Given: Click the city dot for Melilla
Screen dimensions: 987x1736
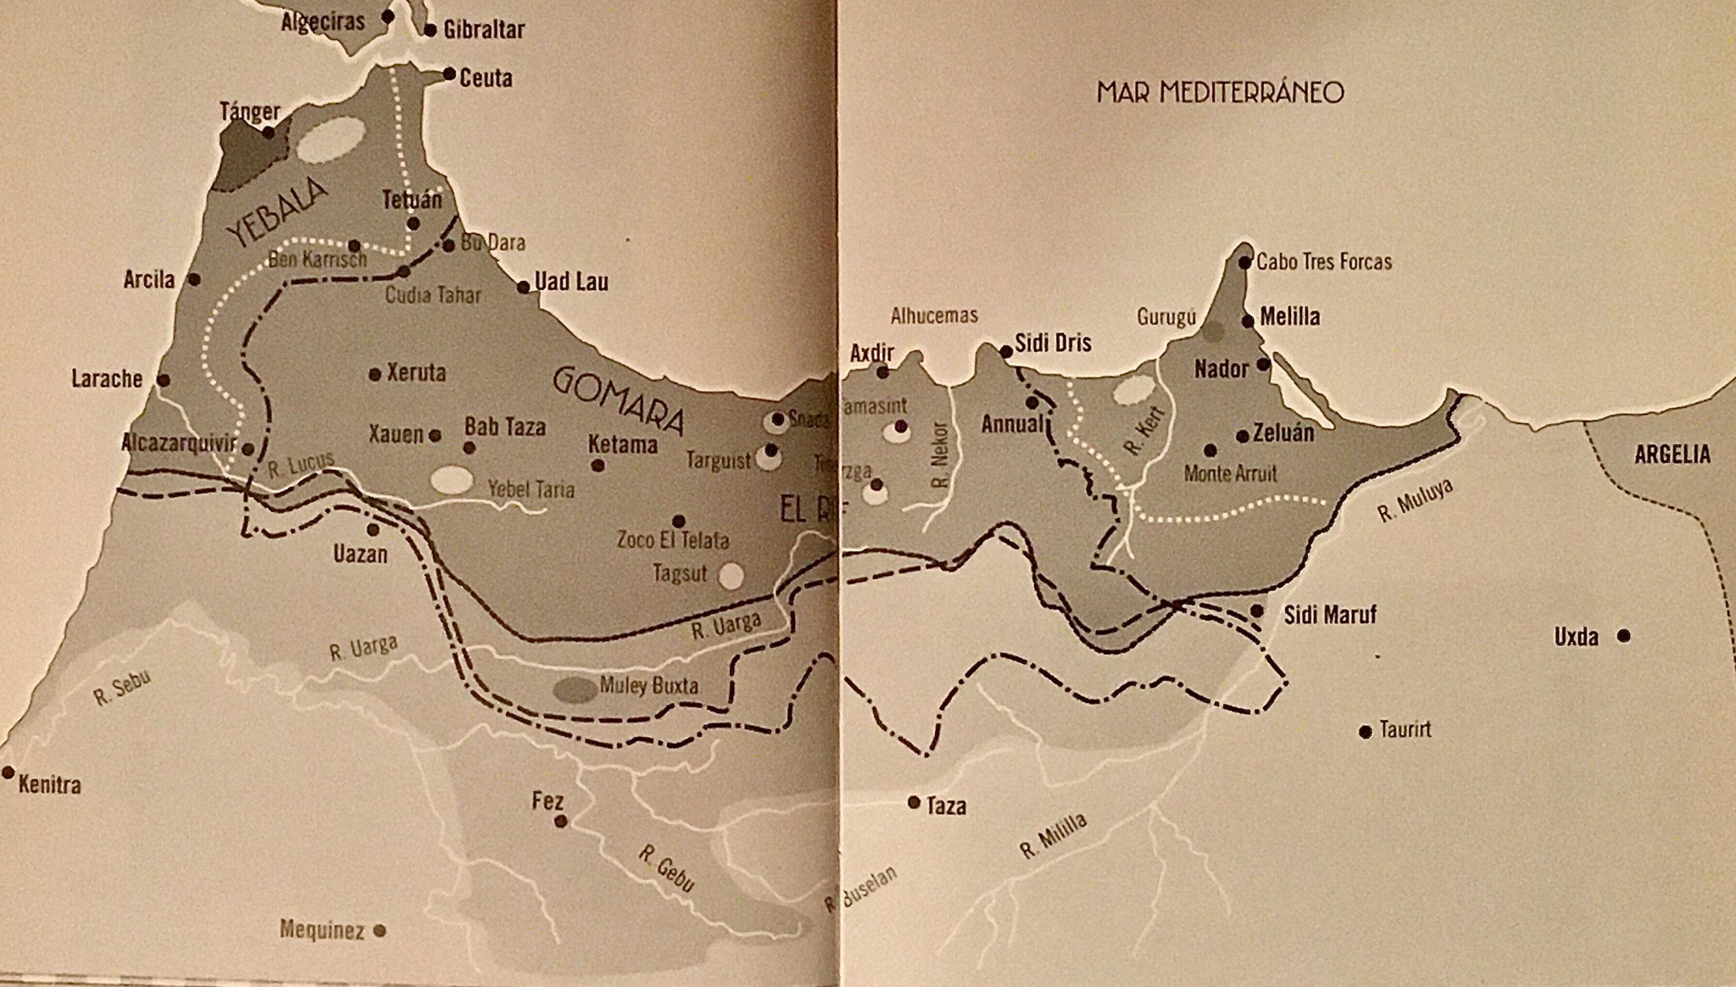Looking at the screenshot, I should [1248, 321].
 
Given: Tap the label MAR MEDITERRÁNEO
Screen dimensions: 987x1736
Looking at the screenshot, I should [1220, 92].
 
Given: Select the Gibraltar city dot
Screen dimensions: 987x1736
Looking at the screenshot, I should [430, 31].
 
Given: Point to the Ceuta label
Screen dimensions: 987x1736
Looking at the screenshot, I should [486, 78].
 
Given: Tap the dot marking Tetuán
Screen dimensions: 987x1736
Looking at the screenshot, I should [414, 224].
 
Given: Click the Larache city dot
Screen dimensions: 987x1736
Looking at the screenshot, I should [164, 381].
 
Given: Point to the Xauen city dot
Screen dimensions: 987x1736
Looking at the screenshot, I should [435, 436].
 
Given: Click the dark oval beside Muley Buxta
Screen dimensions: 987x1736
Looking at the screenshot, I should [575, 690].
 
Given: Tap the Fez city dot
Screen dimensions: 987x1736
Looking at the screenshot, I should [560, 822].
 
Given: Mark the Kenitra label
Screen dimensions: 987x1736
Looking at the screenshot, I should [49, 785].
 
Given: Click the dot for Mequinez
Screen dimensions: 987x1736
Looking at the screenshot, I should [380, 930].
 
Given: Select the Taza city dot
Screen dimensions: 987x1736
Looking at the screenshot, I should [914, 801].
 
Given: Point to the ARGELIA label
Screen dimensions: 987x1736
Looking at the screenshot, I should [1672, 454].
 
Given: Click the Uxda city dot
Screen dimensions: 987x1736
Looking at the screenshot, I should [1623, 635].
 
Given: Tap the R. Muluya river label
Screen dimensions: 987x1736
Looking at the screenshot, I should [1415, 500].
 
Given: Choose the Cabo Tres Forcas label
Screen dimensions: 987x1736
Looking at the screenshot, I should [1324, 262].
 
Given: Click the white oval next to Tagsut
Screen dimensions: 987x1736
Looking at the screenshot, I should [731, 577].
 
